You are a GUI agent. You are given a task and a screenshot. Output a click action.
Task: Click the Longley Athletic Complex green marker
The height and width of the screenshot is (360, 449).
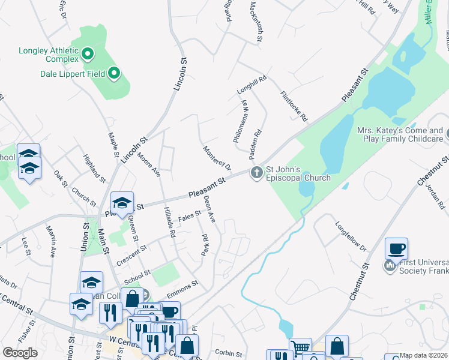[x=88, y=55]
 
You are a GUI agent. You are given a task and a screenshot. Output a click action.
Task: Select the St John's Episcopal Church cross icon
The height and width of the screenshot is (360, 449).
[x=257, y=173]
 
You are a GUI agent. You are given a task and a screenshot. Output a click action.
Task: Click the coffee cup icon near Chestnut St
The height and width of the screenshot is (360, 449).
[x=396, y=247]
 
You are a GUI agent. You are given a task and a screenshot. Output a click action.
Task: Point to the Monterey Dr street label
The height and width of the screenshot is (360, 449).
[x=217, y=157]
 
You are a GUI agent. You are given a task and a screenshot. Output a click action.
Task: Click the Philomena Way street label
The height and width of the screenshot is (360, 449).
[x=241, y=120]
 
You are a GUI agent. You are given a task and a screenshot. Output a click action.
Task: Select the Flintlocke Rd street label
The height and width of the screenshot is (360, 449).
[x=294, y=107]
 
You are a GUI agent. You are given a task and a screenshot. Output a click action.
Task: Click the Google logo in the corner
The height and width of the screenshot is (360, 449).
[x=20, y=353]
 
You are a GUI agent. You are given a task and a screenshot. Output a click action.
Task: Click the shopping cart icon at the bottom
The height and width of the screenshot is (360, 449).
[x=301, y=347]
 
